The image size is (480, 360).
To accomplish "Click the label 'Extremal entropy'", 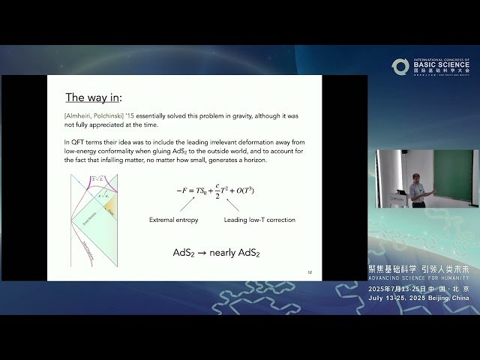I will (x=174, y=219).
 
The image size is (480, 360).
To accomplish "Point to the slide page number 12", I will (x=310, y=272).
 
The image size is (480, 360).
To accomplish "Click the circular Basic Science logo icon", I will (x=400, y=67).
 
